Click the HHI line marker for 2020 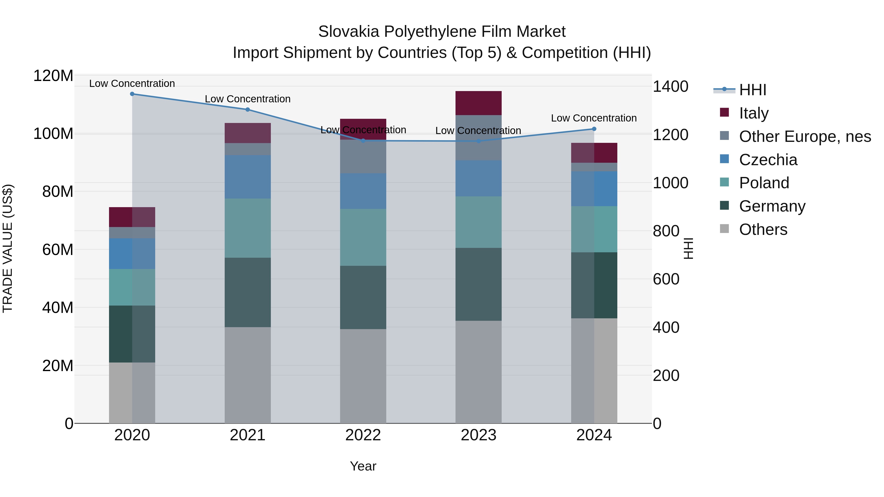tap(132, 94)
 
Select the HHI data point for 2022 tap(363, 141)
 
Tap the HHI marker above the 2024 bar tap(594, 129)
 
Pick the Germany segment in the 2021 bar tap(248, 292)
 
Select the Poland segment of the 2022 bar tap(363, 237)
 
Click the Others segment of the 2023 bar tap(478, 372)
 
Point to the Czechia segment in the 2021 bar tap(248, 177)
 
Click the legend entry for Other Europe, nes tap(805, 136)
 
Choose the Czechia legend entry tap(768, 160)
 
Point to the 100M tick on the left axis tap(53, 134)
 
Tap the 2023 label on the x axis tap(478, 435)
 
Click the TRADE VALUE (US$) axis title tap(8, 249)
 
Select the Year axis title tap(363, 466)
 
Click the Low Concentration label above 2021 tap(248, 99)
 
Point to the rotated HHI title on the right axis tap(688, 249)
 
